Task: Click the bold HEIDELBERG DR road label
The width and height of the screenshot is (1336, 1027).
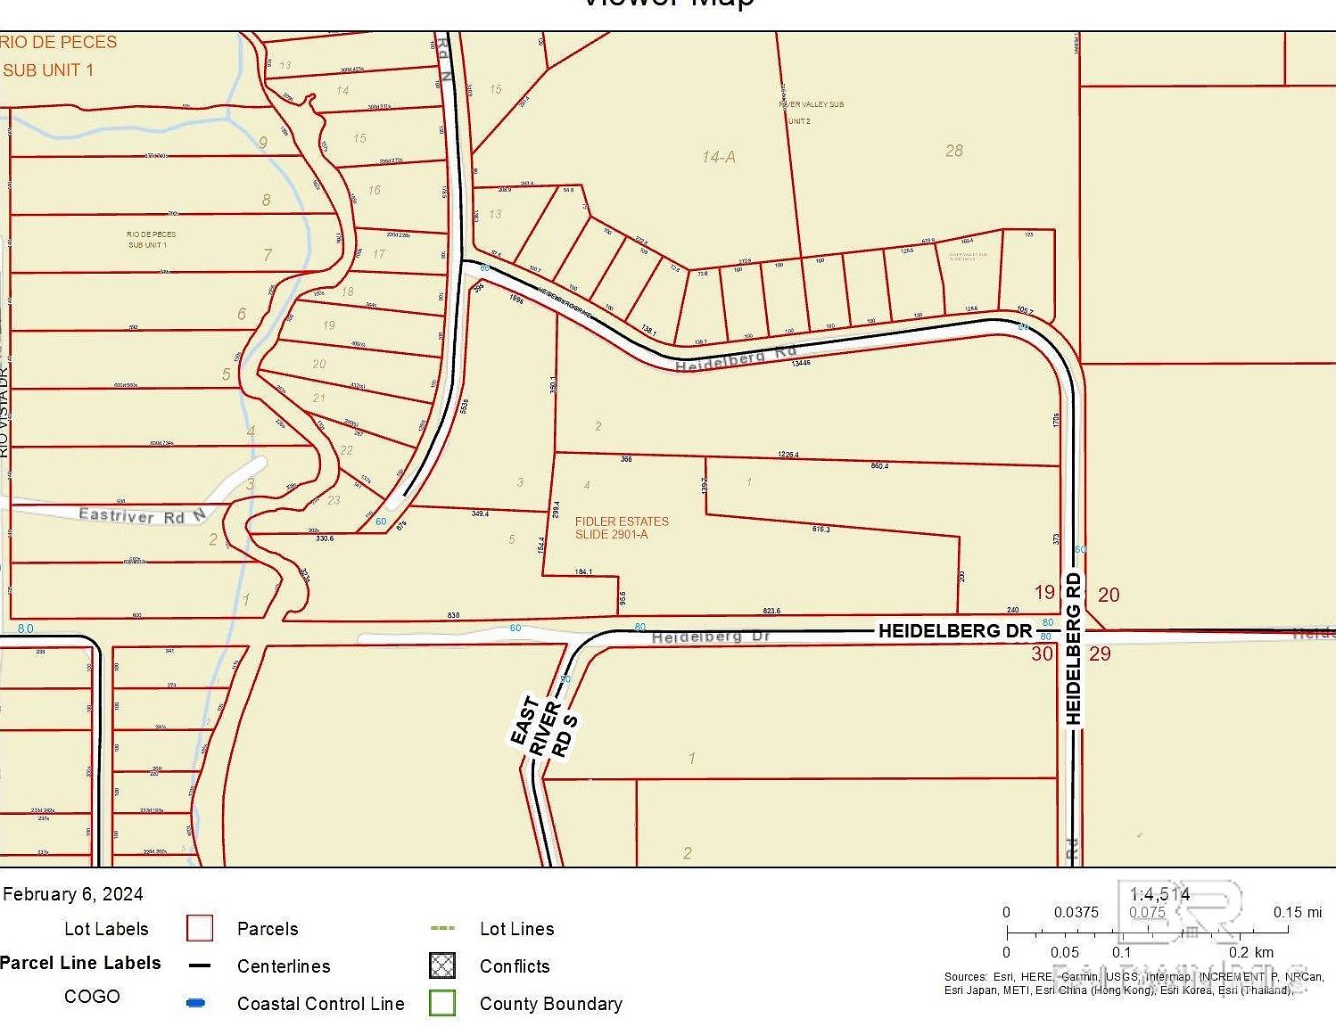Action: (954, 631)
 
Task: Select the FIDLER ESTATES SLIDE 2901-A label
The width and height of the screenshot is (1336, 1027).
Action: (622, 528)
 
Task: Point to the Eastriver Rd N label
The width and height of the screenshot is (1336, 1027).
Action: (142, 515)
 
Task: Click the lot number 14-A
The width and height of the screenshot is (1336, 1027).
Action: (718, 157)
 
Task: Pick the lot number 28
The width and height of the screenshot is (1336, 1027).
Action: (953, 151)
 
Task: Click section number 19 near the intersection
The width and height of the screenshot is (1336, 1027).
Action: (1044, 593)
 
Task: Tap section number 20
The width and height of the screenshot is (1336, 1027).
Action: (1109, 595)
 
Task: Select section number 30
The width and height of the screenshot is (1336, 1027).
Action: (1042, 653)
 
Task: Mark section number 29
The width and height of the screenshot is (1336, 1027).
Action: (1101, 653)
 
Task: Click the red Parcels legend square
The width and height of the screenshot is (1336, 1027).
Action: (199, 928)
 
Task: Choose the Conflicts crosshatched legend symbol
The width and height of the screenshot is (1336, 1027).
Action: (442, 965)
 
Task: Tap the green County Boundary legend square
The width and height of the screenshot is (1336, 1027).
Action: (442, 1003)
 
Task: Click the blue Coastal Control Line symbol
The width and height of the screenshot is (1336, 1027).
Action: (196, 1003)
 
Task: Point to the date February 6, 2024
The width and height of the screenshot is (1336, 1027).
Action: (73, 894)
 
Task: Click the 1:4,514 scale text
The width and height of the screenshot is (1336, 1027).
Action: (1159, 894)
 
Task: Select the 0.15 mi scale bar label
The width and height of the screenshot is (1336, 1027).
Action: (1297, 912)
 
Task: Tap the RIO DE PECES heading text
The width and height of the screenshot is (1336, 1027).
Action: (59, 42)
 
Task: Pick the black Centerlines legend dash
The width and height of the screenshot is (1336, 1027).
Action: (200, 965)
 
